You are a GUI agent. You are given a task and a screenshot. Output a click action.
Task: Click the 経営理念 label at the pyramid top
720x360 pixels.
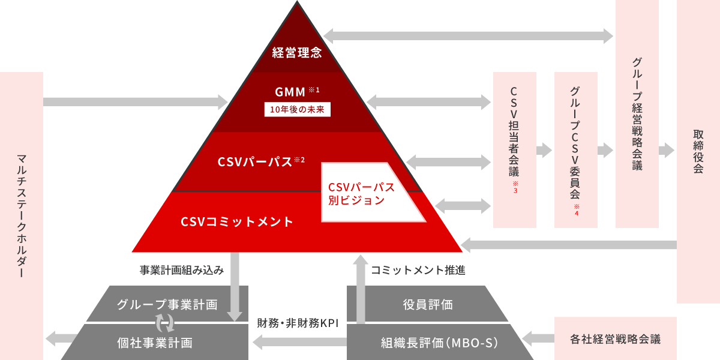[297, 52]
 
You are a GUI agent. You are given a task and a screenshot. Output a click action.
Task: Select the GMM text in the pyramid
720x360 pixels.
[290, 92]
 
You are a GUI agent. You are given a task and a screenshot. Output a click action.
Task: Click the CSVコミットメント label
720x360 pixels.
[237, 221]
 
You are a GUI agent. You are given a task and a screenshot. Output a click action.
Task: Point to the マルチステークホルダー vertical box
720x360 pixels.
[22, 216]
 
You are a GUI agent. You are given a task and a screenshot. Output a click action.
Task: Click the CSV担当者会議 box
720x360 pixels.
[514, 150]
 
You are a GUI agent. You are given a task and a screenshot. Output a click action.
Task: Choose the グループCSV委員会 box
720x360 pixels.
[575, 150]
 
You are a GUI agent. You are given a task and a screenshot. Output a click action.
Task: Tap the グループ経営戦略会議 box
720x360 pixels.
[637, 114]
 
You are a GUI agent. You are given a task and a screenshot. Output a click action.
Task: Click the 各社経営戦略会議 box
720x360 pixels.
[615, 339]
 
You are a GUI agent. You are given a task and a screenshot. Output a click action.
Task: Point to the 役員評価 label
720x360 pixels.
[427, 304]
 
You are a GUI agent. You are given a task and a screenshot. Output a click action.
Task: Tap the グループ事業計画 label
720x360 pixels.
[167, 304]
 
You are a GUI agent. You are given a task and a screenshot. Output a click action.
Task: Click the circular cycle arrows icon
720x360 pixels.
[165, 323]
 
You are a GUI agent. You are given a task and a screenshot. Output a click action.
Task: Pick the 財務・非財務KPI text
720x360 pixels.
[298, 323]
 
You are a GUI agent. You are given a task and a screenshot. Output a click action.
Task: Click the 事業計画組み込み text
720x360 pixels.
[182, 271]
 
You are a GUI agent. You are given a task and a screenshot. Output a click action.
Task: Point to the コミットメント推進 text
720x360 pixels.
[418, 271]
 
